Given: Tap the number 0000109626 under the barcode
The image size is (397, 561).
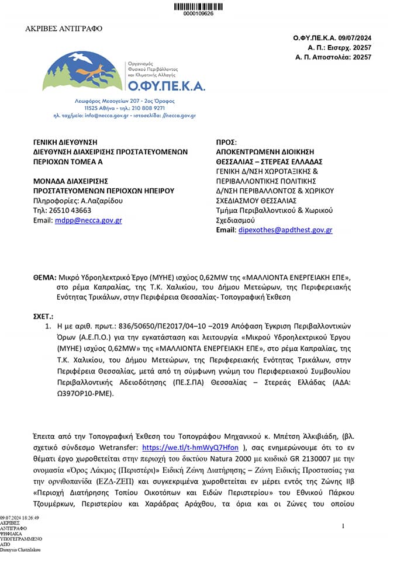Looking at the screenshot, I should tap(198, 13).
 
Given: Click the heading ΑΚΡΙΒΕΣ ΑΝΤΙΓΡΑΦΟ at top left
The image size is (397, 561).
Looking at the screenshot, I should tap(63, 29).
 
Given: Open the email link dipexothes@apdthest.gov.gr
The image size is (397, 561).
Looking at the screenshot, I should tap(285, 230).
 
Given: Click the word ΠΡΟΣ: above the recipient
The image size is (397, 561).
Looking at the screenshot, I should tap(226, 142).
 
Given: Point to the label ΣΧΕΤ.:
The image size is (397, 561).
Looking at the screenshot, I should tap(43, 316).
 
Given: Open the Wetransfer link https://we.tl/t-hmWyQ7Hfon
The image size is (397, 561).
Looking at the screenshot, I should tap(191, 448).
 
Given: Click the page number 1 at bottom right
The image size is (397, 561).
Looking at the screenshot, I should tap(343, 527).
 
